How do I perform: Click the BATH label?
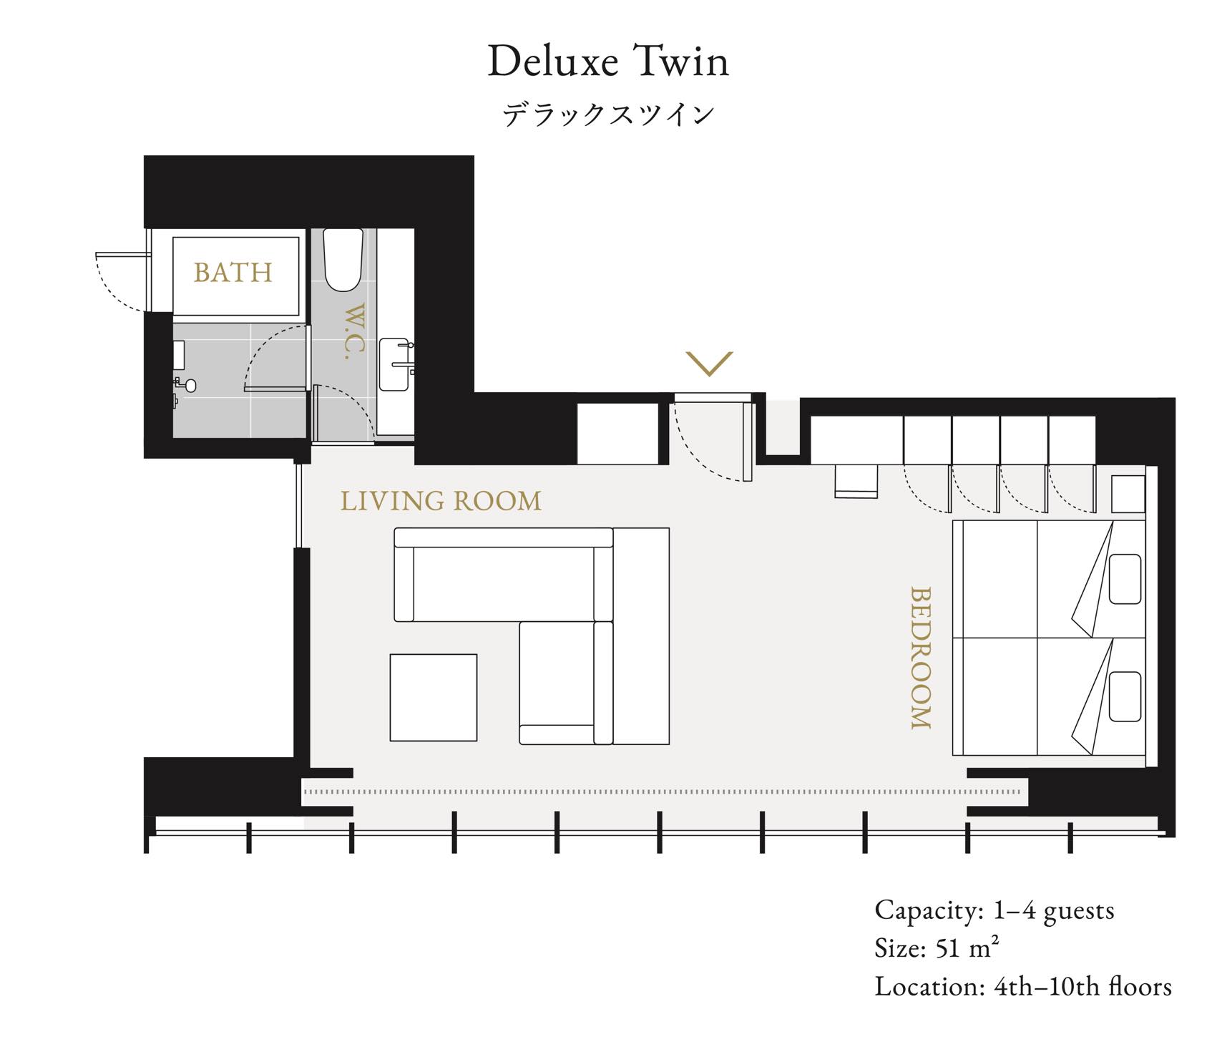point(233,273)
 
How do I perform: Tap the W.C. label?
point(355,331)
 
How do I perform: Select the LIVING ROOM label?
point(441,501)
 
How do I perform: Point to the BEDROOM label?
point(921,658)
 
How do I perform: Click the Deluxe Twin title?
point(608,62)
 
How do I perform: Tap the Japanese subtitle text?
point(608,115)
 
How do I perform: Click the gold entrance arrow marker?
point(709,364)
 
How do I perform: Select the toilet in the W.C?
point(343,260)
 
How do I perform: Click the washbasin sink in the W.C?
point(394,365)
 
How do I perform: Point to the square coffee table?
point(434,697)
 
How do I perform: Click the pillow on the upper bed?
point(1125,579)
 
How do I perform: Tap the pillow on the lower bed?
point(1125,696)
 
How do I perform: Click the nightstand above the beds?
point(1128,494)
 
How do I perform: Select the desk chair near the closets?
point(856,481)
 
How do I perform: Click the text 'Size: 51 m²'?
point(937,948)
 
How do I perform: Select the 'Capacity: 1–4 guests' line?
point(994,910)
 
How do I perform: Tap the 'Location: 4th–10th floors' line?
point(1023,986)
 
